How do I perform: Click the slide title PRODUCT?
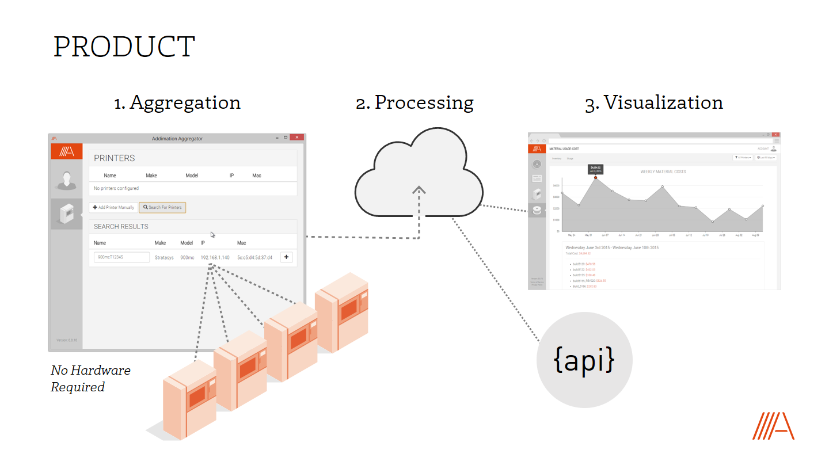[124, 47]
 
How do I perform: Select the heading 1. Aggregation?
[177, 102]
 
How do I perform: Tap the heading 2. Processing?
[414, 102]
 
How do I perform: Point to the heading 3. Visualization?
[654, 102]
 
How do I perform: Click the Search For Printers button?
[162, 207]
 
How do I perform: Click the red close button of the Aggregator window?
[297, 138]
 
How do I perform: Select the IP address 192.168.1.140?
[215, 257]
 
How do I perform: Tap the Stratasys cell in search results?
[164, 257]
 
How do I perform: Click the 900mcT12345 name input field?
[121, 257]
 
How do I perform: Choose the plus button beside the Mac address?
[287, 257]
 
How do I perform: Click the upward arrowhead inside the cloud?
[419, 189]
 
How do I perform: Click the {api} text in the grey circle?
[584, 360]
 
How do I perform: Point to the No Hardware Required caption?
[90, 379]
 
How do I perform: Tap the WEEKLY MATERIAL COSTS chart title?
[663, 171]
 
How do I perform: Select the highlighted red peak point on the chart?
[595, 178]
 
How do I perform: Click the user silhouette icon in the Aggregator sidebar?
[67, 180]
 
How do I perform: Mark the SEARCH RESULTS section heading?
[121, 227]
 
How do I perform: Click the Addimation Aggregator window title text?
[177, 139]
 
